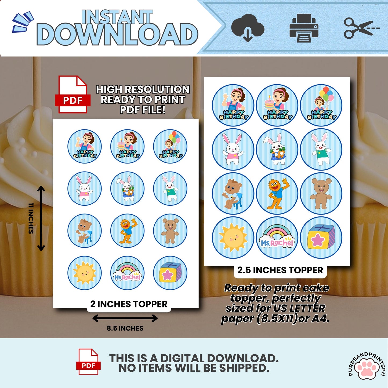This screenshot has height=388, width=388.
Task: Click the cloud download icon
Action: point(248,28)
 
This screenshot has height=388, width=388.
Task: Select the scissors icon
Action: point(362,28)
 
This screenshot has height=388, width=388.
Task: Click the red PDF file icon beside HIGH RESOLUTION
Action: point(72,94)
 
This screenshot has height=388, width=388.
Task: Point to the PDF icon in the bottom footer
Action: point(88,364)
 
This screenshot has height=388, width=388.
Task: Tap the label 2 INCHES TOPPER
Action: point(129,304)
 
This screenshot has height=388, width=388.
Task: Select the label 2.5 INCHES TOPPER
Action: point(280,270)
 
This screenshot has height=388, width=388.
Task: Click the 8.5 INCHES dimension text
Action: point(125,328)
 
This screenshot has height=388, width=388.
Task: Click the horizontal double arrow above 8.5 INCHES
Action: point(125,318)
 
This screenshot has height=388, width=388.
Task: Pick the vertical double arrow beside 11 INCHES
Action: point(41,218)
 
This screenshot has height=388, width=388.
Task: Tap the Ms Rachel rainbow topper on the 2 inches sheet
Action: point(127,273)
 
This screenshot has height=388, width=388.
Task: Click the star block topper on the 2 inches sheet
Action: point(170,273)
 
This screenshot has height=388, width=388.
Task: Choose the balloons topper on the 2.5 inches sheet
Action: point(321,105)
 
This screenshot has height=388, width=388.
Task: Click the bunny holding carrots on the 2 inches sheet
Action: point(127,189)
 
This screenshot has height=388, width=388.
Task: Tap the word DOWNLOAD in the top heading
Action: point(117,35)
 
